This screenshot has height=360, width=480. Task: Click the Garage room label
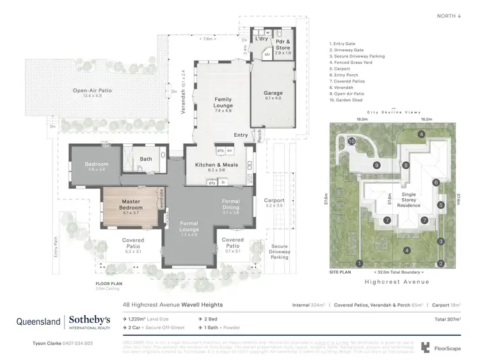coord(273,93)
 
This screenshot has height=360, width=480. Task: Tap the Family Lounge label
coord(223,102)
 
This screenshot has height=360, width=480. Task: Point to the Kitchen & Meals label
coord(216,164)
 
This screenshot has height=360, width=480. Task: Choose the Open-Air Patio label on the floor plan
coord(92,91)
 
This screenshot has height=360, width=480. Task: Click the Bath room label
coord(146,159)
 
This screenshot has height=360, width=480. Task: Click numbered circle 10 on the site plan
coord(351,141)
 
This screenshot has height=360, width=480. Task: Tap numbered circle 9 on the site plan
coord(377,165)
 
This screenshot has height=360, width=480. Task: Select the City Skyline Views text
coord(394,111)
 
